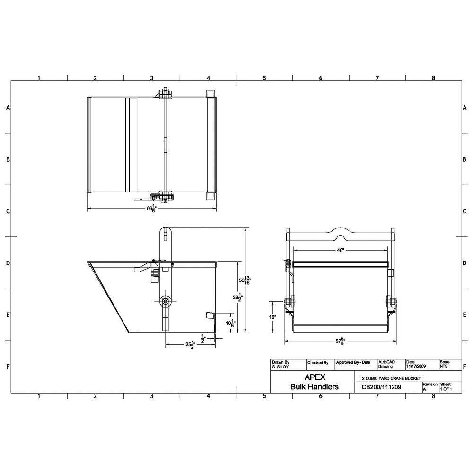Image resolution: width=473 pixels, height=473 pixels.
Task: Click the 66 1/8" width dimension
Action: tap(151, 209)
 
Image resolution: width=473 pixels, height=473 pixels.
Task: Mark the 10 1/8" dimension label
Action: tap(230, 324)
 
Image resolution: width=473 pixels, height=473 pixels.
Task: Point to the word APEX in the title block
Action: tap(314, 377)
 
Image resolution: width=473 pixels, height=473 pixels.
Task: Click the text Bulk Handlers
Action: tap(314, 386)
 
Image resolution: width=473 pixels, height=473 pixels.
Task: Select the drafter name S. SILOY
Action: tap(280, 367)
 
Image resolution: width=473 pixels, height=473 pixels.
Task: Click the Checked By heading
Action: tap(318, 363)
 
